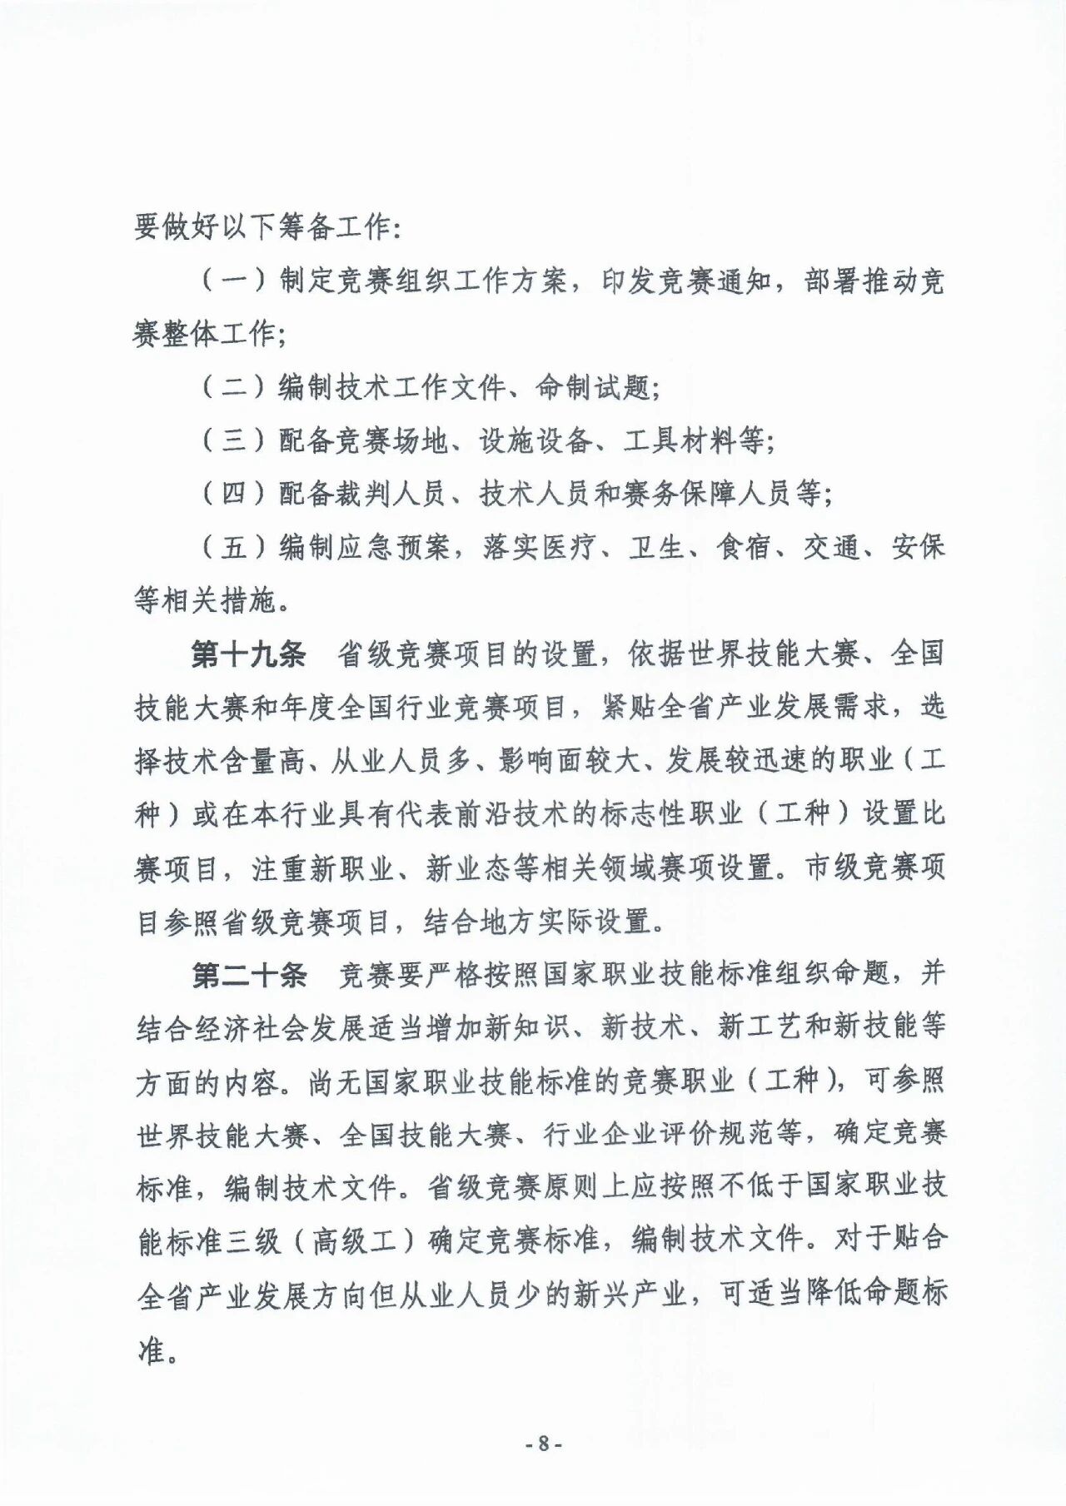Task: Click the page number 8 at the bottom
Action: click(544, 1444)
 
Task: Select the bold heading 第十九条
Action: click(248, 654)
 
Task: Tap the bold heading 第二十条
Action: click(248, 975)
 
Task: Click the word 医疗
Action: click(569, 547)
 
